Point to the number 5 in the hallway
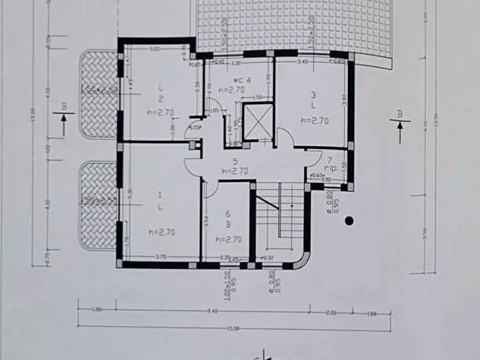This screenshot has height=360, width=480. [234, 161]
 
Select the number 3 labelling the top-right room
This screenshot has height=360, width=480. [313, 96]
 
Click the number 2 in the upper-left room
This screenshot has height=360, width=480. [160, 99]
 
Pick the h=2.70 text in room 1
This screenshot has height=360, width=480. [160, 232]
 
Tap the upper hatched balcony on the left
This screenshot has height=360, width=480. [98, 94]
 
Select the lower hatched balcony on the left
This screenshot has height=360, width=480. [98, 206]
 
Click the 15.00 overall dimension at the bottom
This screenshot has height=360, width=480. [233, 322]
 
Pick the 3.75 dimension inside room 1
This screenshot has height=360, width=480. [160, 257]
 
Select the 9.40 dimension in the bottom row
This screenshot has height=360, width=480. [212, 311]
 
